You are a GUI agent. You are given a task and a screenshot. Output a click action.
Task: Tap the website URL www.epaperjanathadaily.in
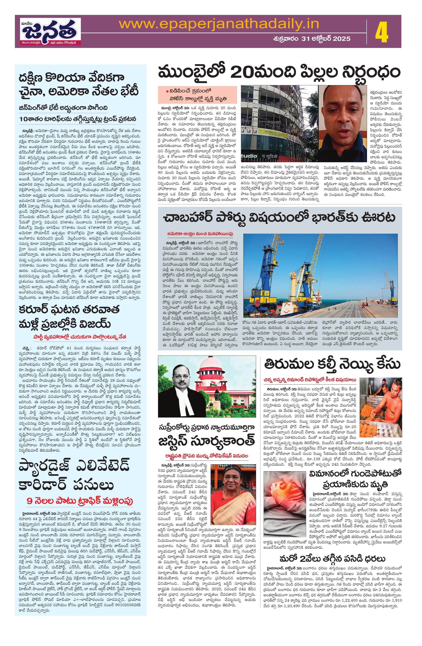click(x=219, y=24)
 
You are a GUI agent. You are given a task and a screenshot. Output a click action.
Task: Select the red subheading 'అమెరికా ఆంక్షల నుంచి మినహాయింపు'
click(x=200, y=233)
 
